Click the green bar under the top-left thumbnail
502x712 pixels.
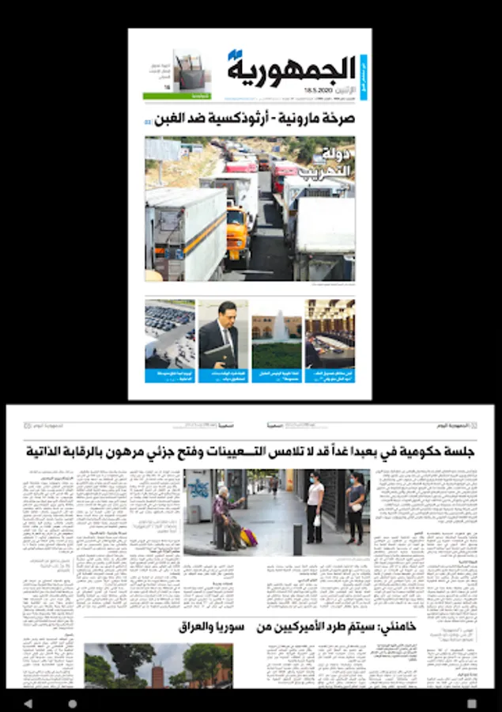click(x=165, y=96)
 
